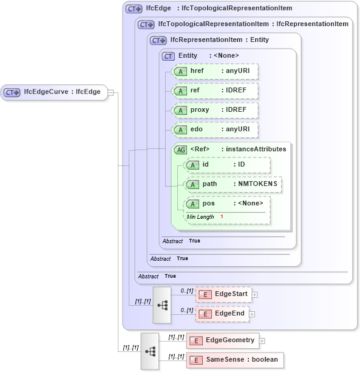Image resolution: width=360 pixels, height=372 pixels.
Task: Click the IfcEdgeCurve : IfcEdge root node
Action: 55,92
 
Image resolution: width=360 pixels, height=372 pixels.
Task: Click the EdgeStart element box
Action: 223,294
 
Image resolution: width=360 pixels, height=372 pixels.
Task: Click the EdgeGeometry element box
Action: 223,340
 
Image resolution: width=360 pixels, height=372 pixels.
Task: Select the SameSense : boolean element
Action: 234,360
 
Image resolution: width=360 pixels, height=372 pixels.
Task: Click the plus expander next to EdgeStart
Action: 254,295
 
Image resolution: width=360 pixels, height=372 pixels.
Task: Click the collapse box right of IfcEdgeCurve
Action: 110,93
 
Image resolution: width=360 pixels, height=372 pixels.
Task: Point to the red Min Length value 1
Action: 222,217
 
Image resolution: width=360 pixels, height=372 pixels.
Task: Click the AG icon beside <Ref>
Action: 180,150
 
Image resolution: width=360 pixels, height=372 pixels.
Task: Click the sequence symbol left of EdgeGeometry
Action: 150,351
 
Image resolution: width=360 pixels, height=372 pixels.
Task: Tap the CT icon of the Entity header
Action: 169,56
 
